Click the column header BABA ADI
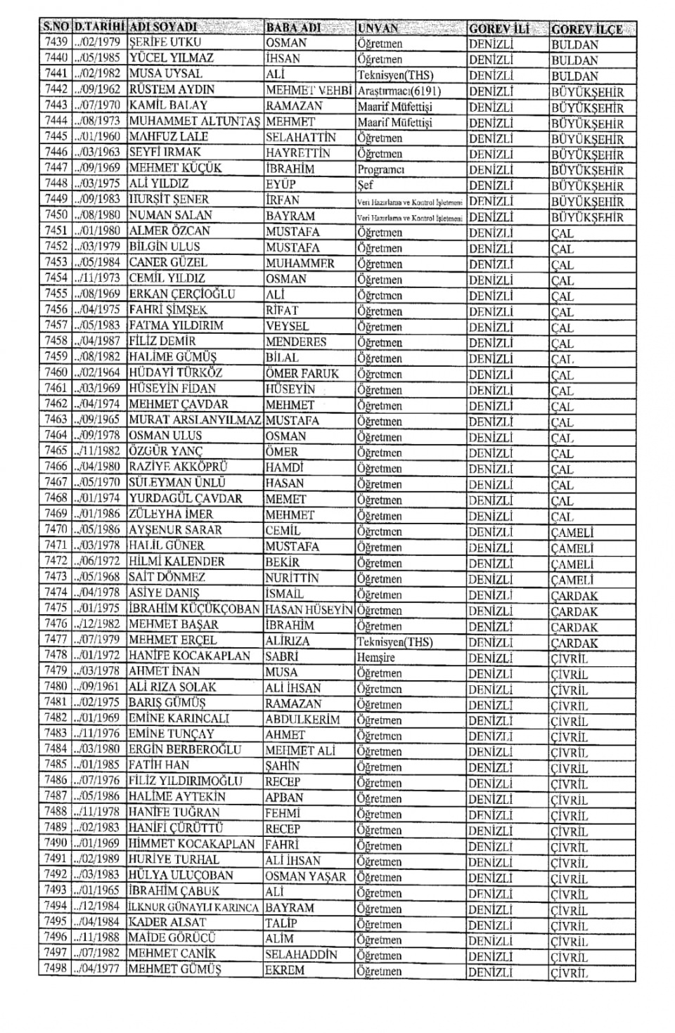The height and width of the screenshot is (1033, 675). (x=293, y=28)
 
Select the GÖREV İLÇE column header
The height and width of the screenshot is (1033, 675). (x=586, y=30)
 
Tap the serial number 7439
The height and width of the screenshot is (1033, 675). (x=56, y=42)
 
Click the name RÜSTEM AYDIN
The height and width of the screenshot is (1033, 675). (x=172, y=90)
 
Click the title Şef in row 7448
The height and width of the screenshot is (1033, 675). (x=366, y=186)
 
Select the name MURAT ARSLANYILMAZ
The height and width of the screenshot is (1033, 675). (x=194, y=420)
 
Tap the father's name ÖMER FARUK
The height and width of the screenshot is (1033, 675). (x=302, y=374)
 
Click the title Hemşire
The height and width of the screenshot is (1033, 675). (x=376, y=658)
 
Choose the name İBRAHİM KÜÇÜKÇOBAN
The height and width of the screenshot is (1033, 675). (x=194, y=609)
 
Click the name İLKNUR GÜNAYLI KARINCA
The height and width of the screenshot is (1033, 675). (x=193, y=907)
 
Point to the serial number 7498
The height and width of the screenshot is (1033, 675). (x=56, y=969)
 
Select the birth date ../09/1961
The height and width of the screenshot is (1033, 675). (x=98, y=687)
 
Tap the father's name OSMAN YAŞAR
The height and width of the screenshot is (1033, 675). (x=305, y=876)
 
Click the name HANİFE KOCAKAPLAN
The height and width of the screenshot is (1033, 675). (x=189, y=656)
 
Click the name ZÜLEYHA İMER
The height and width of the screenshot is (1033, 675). (x=171, y=514)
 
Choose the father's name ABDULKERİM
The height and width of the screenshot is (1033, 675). (x=302, y=720)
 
